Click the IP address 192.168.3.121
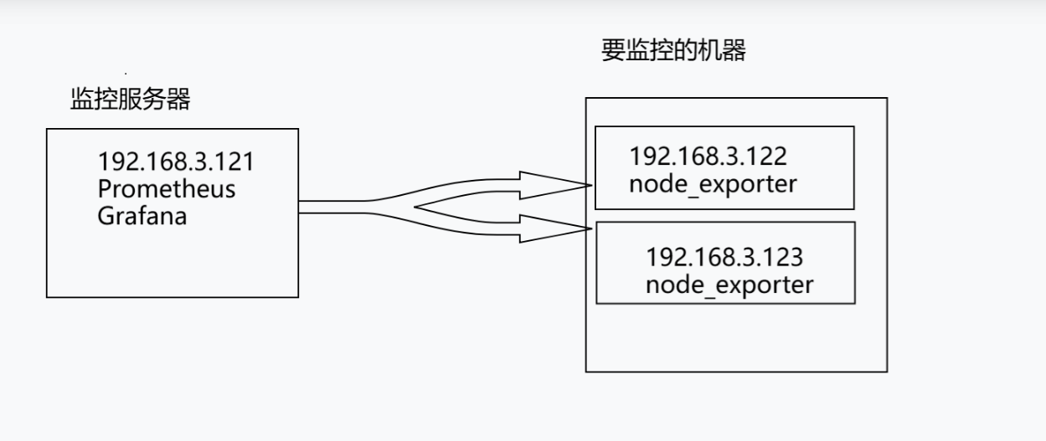pyautogui.click(x=175, y=162)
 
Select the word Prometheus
pyautogui.click(x=166, y=188)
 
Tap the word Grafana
pyautogui.click(x=142, y=216)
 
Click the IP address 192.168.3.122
pyautogui.click(x=708, y=156)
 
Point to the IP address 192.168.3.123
pyautogui.click(x=724, y=257)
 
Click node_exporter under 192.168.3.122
pyautogui.click(x=712, y=183)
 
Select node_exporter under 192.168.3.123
pyautogui.click(x=729, y=285)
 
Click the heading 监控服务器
pyautogui.click(x=130, y=101)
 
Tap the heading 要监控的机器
pyautogui.click(x=672, y=51)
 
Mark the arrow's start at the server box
pyautogui.click(x=301, y=207)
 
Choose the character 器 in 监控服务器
pyautogui.click(x=178, y=101)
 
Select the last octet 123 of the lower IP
pyautogui.click(x=784, y=257)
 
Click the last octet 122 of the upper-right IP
pyautogui.click(x=767, y=156)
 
